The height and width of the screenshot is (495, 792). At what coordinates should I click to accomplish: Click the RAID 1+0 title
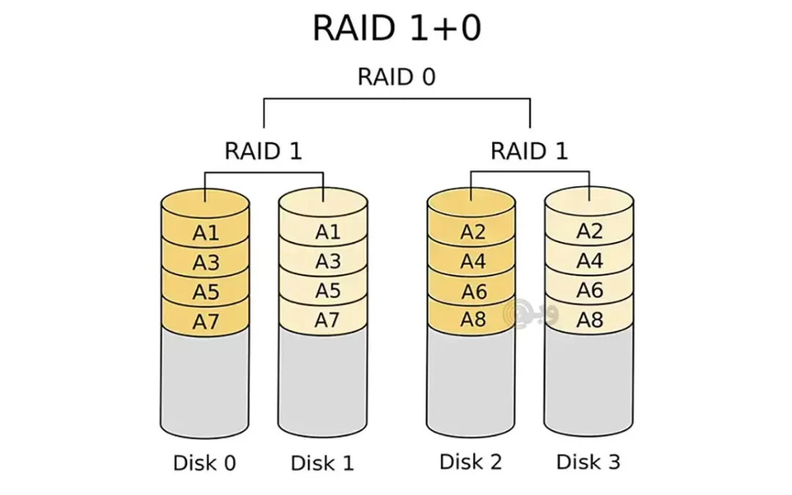396,29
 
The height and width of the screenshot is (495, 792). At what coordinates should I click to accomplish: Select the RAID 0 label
396,76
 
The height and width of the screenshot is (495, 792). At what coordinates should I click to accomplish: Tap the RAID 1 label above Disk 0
263,151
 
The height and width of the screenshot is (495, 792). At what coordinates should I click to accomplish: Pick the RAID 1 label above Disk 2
529,151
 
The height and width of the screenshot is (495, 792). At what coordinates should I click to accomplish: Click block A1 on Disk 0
206,233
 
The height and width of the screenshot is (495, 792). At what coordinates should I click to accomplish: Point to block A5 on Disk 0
206,292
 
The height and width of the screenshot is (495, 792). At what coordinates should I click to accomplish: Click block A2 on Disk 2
473,232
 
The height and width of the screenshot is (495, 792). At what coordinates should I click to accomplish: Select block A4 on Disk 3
589,260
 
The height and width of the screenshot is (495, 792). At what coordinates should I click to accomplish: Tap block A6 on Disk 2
473,291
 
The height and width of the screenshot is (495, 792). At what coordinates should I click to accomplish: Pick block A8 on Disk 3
589,320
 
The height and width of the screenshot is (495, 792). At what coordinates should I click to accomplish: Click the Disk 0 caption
205,463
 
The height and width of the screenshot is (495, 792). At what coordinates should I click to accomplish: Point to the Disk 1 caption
322,463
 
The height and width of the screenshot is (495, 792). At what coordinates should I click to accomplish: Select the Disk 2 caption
471,462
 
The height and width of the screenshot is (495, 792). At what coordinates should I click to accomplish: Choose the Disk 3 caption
588,462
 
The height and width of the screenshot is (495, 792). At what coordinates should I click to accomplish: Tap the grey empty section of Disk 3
589,381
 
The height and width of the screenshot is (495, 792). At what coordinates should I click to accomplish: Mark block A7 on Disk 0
206,321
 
